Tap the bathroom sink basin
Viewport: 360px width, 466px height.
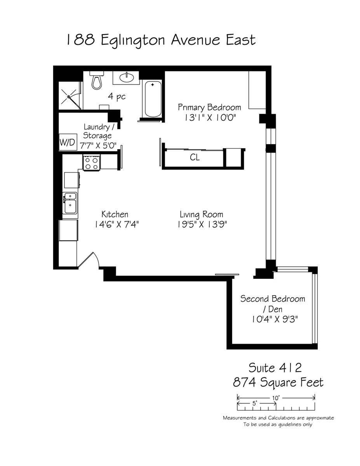[x=127, y=78]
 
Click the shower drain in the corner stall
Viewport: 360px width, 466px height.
[x=69, y=97]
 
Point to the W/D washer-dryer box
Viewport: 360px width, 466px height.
[x=68, y=142]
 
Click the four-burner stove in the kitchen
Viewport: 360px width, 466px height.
[x=92, y=163]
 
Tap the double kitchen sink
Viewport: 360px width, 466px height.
[x=70, y=203]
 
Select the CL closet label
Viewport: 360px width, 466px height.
[x=195, y=158]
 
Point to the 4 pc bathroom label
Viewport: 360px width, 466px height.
[x=117, y=97]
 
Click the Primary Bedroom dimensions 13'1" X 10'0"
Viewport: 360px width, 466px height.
[x=210, y=118]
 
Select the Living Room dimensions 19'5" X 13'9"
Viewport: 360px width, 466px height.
[x=202, y=224]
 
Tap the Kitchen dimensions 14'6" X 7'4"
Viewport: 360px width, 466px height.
[x=117, y=224]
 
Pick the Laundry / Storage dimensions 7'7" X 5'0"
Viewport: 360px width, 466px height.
[x=98, y=146]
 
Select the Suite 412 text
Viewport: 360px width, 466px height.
[x=275, y=368]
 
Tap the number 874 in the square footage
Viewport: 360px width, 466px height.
[x=244, y=382]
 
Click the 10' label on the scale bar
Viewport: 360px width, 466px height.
[x=276, y=398]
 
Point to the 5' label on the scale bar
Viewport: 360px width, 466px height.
[x=254, y=403]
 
